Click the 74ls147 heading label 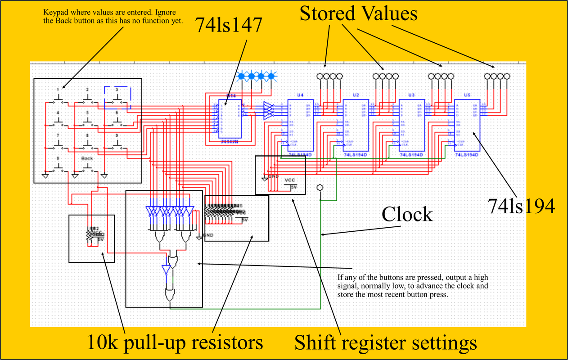[x=228, y=27]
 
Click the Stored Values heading [x=359, y=14]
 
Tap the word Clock [x=407, y=215]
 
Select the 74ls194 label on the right [x=522, y=206]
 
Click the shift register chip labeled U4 [x=301, y=125]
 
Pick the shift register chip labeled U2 [x=356, y=125]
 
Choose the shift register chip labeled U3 [x=411, y=125]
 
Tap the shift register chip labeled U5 [x=467, y=125]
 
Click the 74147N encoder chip [x=230, y=118]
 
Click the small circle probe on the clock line [x=320, y=187]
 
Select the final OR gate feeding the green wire [x=171, y=294]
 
